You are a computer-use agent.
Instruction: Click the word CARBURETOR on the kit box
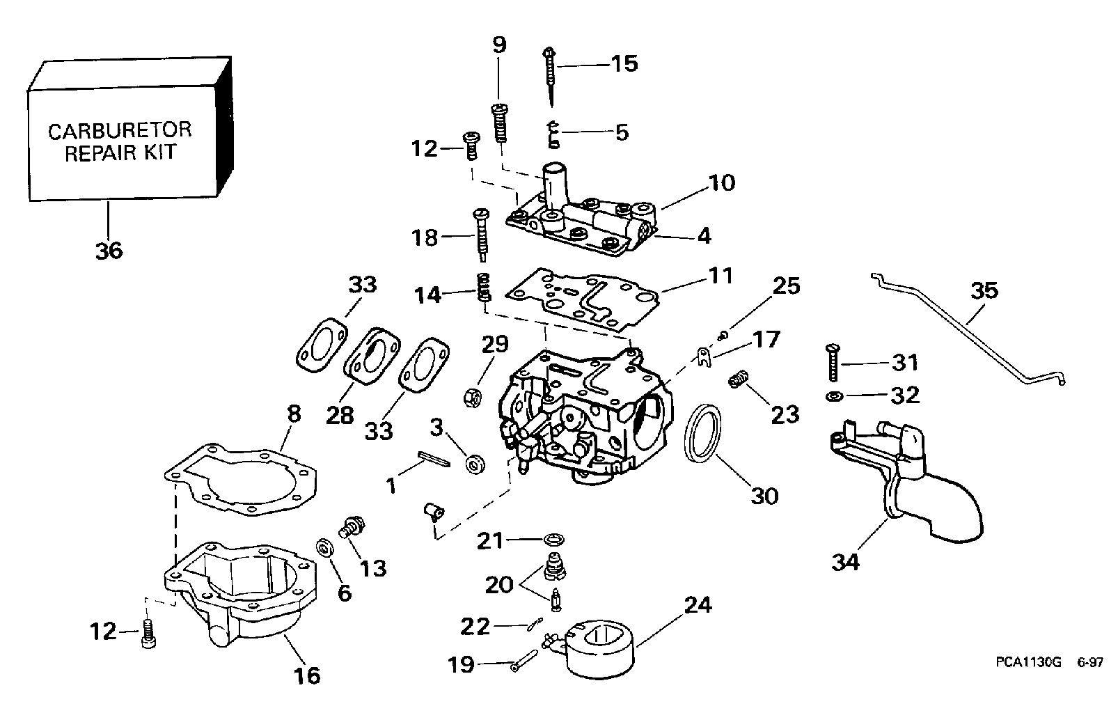120,131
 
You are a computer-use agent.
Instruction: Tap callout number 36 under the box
109,251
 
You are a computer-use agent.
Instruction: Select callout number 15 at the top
624,64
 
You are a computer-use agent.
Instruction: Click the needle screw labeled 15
549,76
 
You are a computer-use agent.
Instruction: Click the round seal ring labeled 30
702,433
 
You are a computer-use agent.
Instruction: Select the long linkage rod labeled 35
968,329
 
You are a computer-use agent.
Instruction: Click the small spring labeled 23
739,379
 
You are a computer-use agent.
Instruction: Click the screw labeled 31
833,363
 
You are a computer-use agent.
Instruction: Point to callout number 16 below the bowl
306,675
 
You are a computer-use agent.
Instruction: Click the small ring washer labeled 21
553,539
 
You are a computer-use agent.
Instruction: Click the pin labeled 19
524,660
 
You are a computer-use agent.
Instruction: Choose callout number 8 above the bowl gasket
294,414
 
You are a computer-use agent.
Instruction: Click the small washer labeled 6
324,548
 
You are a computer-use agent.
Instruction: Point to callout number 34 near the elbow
846,562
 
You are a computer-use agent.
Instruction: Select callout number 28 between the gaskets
340,415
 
